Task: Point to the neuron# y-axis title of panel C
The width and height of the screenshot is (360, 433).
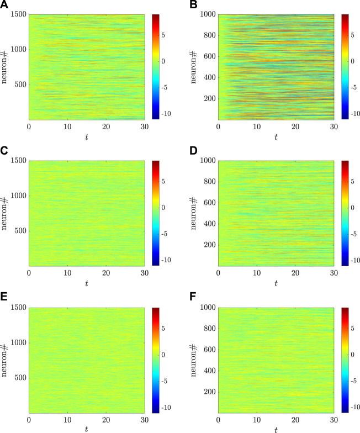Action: click(6, 213)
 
